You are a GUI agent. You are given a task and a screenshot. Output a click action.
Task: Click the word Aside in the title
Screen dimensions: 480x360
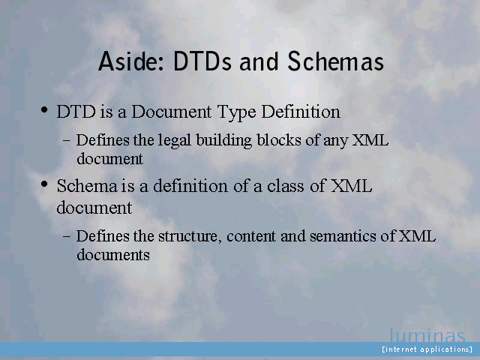tap(131, 61)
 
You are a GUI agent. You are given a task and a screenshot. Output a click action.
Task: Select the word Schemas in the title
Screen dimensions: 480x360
tap(335, 61)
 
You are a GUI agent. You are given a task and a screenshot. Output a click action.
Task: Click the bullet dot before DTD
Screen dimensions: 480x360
tap(44, 109)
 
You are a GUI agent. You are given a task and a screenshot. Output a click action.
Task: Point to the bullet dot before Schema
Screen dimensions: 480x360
tap(44, 184)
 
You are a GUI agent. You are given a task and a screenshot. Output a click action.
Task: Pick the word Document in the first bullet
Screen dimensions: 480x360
tap(172, 112)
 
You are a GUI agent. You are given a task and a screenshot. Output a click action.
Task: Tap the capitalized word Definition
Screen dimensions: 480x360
tap(301, 112)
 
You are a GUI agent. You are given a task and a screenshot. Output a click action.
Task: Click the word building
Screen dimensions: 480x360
tap(224, 141)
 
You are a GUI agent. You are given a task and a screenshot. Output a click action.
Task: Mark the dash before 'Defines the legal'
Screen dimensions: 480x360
tap(67, 141)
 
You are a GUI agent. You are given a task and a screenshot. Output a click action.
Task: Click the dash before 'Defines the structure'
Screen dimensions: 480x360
tap(67, 237)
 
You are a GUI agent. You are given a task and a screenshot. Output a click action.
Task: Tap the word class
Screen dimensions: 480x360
tap(285, 186)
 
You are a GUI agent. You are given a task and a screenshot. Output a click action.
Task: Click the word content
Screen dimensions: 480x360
tap(251, 236)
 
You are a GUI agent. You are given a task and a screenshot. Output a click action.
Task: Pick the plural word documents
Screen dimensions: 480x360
tap(113, 254)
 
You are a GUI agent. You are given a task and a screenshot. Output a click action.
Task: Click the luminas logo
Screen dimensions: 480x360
tap(427, 335)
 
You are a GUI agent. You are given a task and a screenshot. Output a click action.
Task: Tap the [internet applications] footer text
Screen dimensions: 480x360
tap(427, 349)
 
